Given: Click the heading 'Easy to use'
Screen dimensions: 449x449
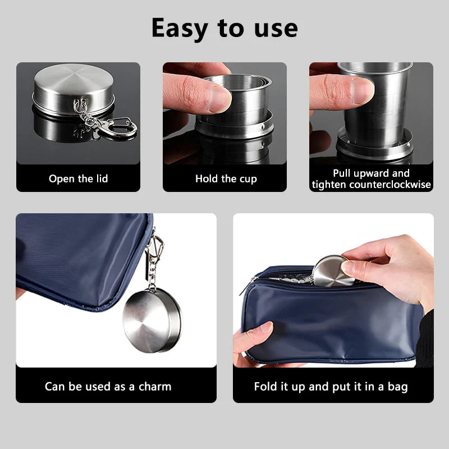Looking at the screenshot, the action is pyautogui.click(x=224, y=29).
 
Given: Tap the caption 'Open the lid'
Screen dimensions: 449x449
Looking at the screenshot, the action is pyautogui.click(x=78, y=178).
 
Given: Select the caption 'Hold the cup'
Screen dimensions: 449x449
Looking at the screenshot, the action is pyautogui.click(x=226, y=178).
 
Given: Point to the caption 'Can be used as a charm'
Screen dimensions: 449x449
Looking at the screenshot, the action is pyautogui.click(x=108, y=387).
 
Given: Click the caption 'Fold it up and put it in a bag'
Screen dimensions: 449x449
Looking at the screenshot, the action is pyautogui.click(x=331, y=387).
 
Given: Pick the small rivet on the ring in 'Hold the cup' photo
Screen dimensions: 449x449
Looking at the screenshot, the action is pyautogui.click(x=263, y=126).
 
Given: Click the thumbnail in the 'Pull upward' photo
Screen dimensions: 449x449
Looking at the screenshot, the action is pyautogui.click(x=363, y=91).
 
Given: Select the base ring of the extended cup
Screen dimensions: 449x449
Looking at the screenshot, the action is pyautogui.click(x=374, y=145).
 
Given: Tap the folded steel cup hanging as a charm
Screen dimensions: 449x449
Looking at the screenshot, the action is pyautogui.click(x=152, y=320).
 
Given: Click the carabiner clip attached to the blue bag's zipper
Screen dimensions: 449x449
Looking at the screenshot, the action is pyautogui.click(x=155, y=247).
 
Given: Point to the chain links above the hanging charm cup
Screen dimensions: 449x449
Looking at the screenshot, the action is pyautogui.click(x=152, y=274).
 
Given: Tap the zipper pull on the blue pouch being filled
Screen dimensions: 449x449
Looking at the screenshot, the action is pyautogui.click(x=247, y=286).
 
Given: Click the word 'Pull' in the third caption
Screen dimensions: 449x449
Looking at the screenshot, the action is pyautogui.click(x=342, y=173).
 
